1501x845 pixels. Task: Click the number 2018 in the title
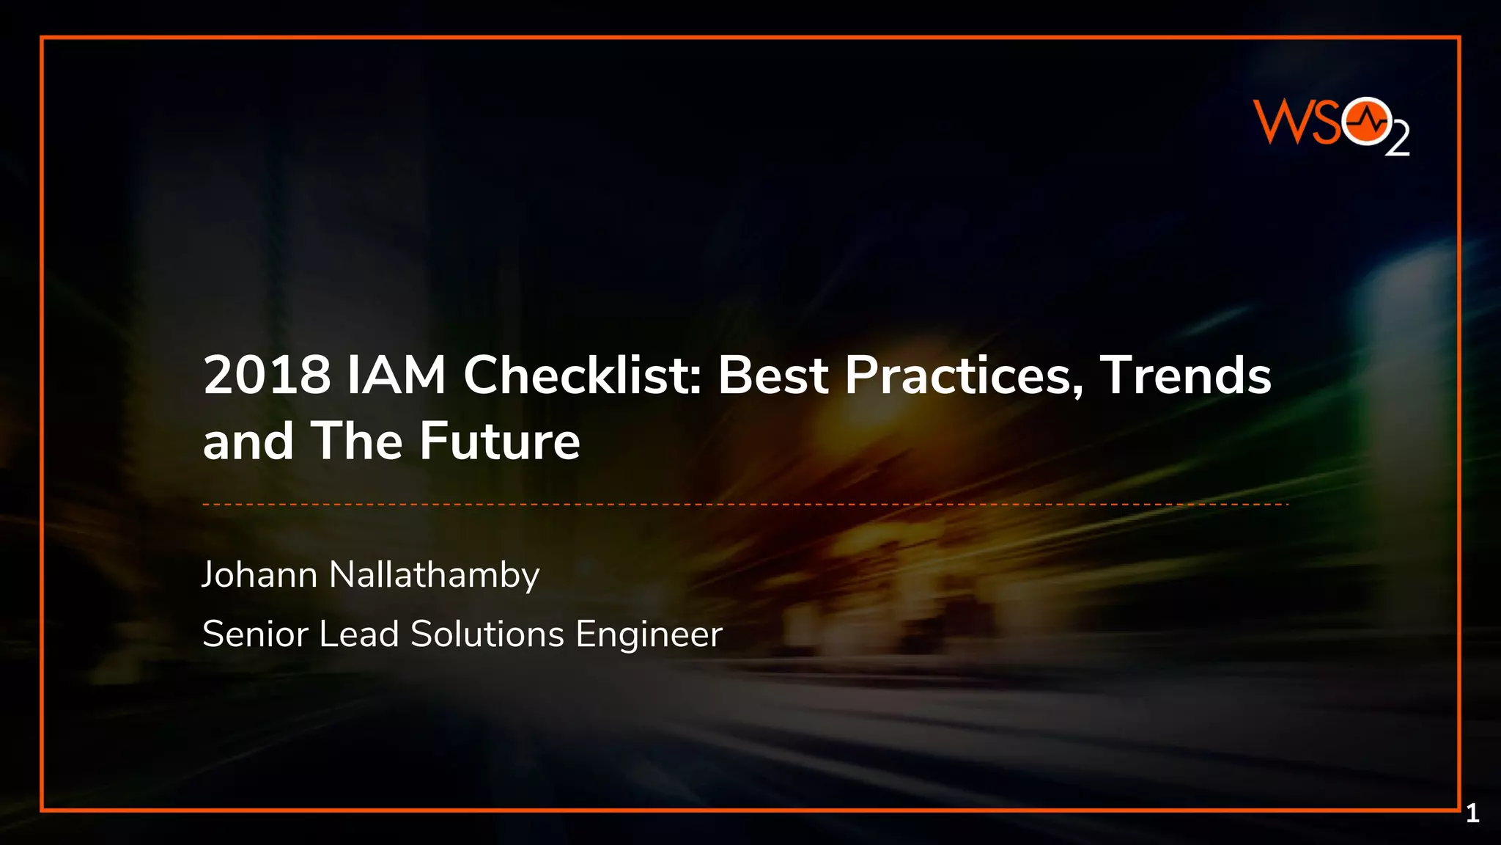pos(267,376)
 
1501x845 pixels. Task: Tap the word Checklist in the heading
pos(583,376)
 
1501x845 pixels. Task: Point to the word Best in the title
pos(773,376)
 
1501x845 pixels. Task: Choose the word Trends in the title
pos(1185,376)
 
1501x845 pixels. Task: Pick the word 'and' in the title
pos(248,442)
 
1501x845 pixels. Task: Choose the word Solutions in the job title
pos(487,634)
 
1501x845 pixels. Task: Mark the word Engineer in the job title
pos(649,634)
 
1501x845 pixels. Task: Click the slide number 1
pos(1472,813)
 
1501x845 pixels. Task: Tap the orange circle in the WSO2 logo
pos(1366,122)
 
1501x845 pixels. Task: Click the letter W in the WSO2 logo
pos(1279,122)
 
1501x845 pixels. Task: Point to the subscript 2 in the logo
pos(1398,140)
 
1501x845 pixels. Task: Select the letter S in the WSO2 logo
pos(1324,122)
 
